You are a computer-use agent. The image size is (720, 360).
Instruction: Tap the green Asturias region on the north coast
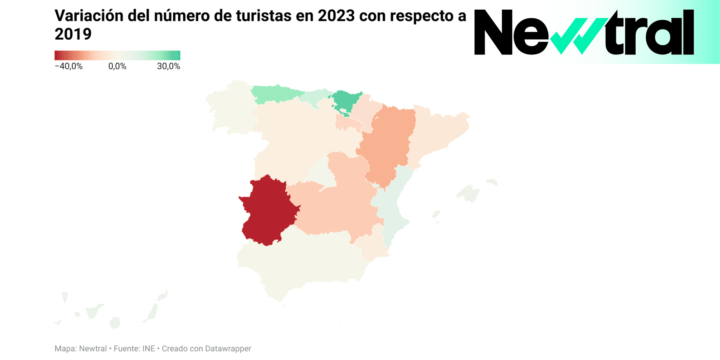[276, 94]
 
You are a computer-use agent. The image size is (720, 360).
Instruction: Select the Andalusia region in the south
[300, 264]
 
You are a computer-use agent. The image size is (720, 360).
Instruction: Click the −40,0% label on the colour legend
[69, 66]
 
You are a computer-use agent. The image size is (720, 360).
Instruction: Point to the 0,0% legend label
[117, 66]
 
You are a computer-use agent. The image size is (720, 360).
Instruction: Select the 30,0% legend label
[168, 66]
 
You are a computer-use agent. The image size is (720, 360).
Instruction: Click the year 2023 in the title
[336, 16]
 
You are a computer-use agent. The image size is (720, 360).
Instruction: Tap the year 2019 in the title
[73, 34]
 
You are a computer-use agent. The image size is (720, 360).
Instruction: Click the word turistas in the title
[264, 16]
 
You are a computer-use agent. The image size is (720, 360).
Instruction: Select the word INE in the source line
[148, 349]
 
